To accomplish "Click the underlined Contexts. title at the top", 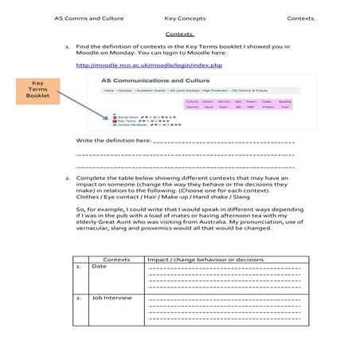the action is tap(180, 35).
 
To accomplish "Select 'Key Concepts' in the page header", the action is tap(185, 18).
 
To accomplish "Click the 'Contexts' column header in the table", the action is tap(117, 260).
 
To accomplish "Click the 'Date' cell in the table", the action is tap(99, 267).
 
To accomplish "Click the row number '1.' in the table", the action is tap(78, 267).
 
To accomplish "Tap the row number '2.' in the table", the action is tap(78, 298).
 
